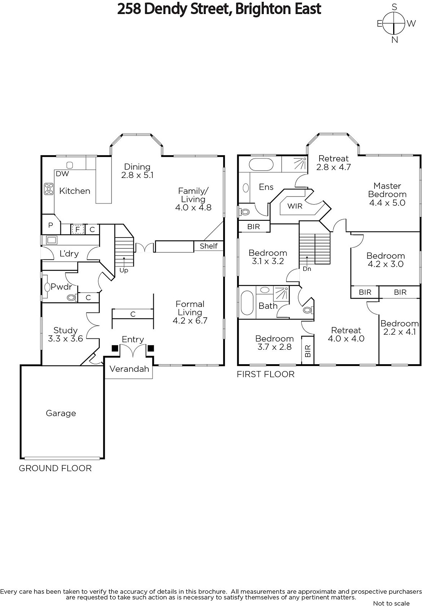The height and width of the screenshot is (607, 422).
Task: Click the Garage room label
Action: pos(61,413)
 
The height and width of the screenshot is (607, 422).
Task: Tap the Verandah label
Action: pos(129,369)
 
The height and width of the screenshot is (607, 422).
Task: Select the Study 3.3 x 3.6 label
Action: pos(65,334)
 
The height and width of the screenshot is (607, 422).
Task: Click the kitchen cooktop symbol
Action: pos(49,189)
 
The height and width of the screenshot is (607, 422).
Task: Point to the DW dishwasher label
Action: pos(62,174)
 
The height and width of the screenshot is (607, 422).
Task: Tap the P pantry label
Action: pos(50,225)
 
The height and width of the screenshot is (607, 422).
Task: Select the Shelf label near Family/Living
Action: pos(209,246)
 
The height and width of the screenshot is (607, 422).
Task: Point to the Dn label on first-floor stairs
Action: pos(307,269)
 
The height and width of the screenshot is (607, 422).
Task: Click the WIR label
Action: pos(295,206)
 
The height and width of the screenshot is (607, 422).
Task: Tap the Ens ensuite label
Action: pos(266,187)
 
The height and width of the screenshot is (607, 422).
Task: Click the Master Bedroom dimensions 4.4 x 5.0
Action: pos(387,203)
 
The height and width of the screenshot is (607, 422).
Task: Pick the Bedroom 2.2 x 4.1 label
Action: pos(400,328)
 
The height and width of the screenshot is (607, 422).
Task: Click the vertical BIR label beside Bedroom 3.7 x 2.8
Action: pos(308,351)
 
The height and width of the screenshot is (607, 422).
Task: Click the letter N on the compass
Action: pos(395,40)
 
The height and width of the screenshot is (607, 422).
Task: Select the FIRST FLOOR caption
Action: pos(266,374)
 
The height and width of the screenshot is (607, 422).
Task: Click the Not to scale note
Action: pos(391,603)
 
